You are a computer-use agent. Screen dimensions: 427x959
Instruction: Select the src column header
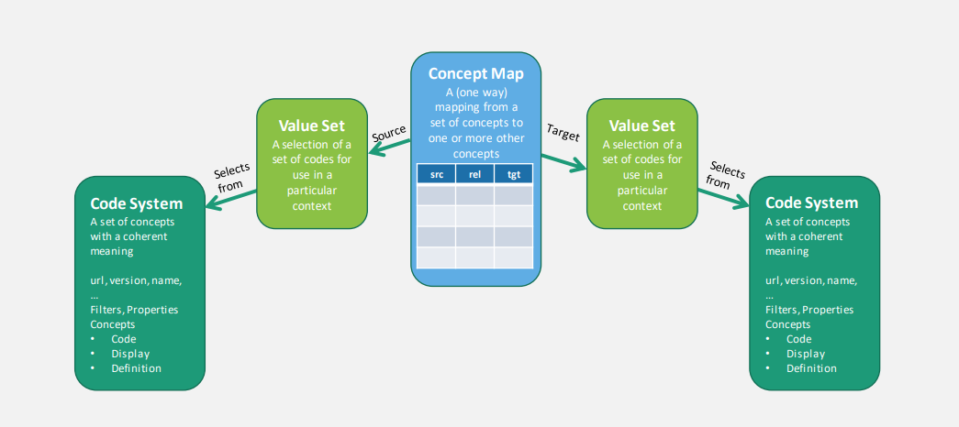tap(436, 174)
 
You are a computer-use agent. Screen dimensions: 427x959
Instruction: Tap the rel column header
tap(474, 174)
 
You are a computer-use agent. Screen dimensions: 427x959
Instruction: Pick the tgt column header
tap(513, 174)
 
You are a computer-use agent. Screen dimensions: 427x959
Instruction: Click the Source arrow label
tap(389, 133)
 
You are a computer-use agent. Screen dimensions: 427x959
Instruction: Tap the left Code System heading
tap(136, 203)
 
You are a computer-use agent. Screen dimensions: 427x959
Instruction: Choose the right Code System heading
tap(811, 203)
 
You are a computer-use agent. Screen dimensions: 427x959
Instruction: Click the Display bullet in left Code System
tap(130, 354)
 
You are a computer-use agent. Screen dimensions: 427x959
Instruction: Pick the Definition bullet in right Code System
tap(811, 368)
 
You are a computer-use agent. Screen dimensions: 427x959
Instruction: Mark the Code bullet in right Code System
tap(798, 339)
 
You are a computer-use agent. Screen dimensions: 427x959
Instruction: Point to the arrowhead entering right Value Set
tap(579, 166)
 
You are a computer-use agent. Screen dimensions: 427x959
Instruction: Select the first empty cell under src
tap(436, 195)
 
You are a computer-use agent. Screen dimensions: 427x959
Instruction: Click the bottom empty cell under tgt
tap(513, 257)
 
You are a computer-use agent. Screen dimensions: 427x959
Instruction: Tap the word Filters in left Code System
tap(106, 310)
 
